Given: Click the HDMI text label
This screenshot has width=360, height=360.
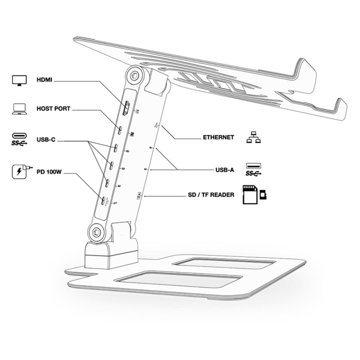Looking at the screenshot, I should (x=44, y=80).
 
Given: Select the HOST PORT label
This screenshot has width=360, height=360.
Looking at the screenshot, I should (x=53, y=109).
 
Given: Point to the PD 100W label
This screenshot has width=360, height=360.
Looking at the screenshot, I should (x=50, y=173).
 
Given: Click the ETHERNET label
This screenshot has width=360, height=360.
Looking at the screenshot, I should (x=218, y=137).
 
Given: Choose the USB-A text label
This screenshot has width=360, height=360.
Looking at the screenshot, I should (x=225, y=171).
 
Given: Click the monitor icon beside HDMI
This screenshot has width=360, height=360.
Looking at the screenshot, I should (x=19, y=80).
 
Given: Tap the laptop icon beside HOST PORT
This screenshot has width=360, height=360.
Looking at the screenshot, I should (x=19, y=109).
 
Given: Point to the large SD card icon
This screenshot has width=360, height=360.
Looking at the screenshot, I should (x=250, y=195).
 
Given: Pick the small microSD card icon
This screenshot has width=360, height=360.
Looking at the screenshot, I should (x=263, y=194).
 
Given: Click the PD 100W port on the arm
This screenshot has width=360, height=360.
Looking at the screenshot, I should (x=103, y=201).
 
